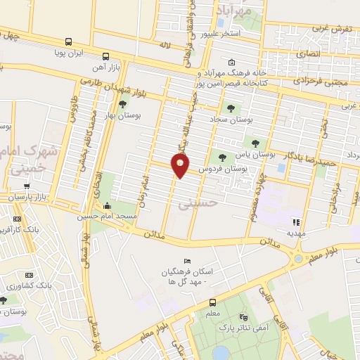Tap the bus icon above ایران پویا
(68, 41)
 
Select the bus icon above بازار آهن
(105, 56)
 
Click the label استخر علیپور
(221, 33)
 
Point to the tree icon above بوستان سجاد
(231, 108)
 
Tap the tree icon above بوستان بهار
(124, 104)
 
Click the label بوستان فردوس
(224, 169)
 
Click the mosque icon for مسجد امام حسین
(106, 206)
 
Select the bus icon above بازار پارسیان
(27, 186)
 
